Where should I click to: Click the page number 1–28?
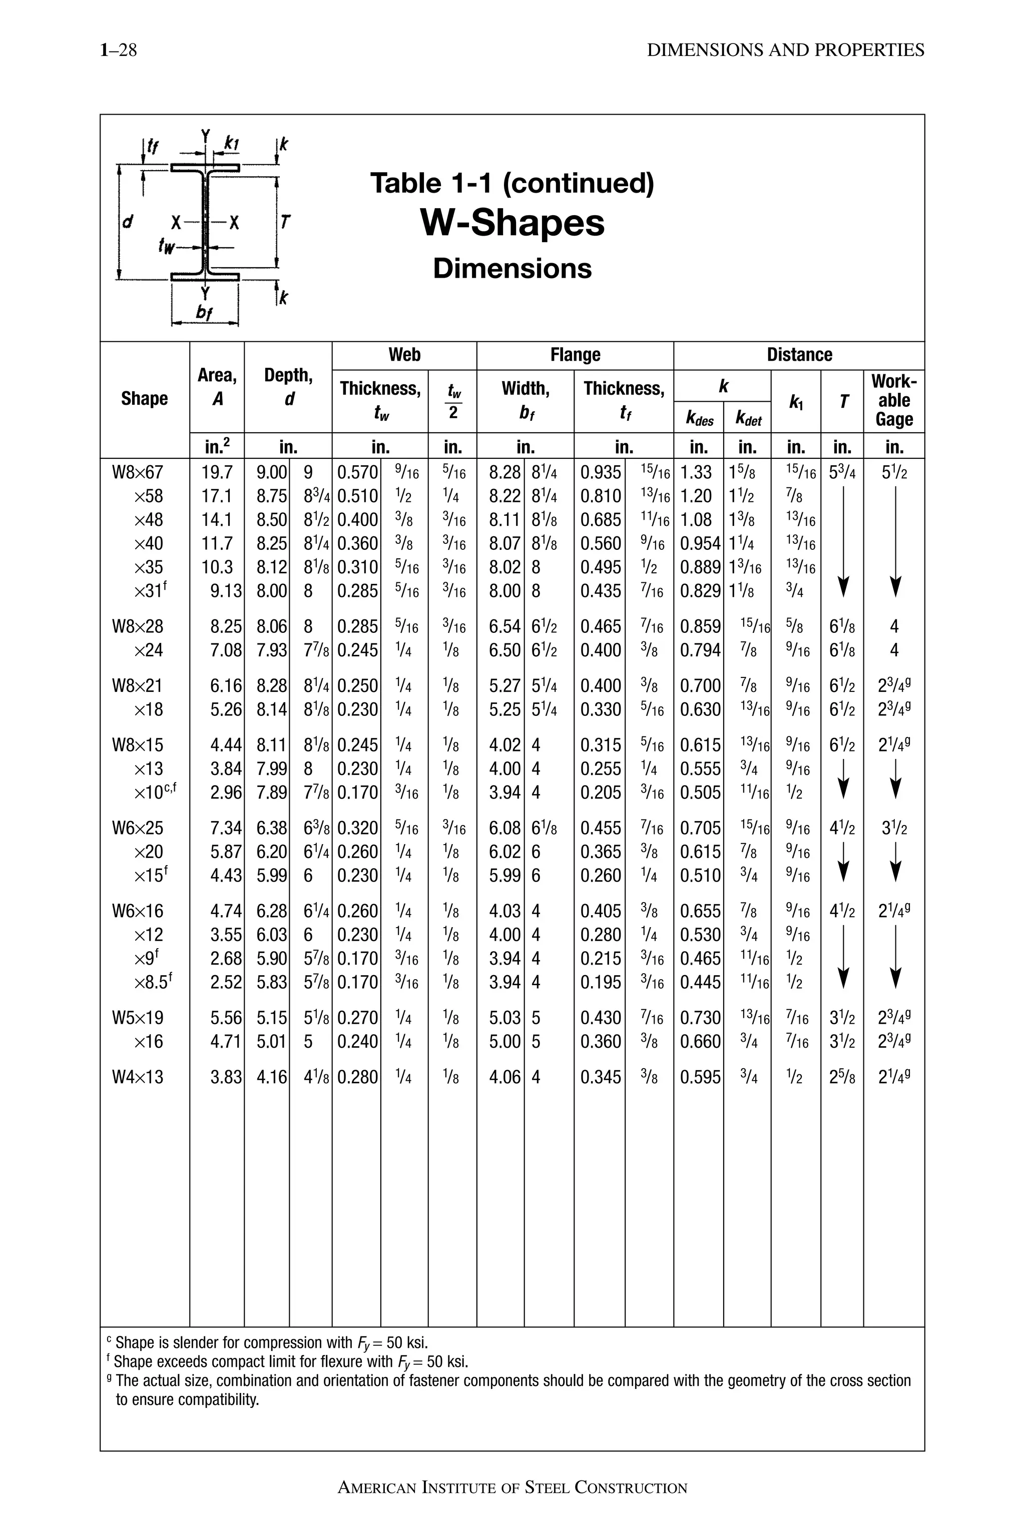[x=118, y=51]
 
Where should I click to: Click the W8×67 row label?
[x=137, y=472]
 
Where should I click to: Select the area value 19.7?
[x=216, y=472]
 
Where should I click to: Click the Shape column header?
[x=145, y=399]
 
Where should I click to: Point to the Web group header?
[x=404, y=355]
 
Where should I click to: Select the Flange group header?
[x=575, y=355]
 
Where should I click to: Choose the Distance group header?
[x=799, y=355]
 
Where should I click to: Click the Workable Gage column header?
[x=893, y=400]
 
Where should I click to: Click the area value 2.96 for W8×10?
[x=226, y=793]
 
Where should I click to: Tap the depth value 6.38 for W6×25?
[x=271, y=829]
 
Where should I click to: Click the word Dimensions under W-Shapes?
[x=512, y=269]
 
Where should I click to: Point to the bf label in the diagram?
[x=205, y=313]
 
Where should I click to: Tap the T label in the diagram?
[x=285, y=222]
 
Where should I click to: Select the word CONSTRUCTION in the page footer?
[x=631, y=1488]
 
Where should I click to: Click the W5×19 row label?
[x=137, y=1018]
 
